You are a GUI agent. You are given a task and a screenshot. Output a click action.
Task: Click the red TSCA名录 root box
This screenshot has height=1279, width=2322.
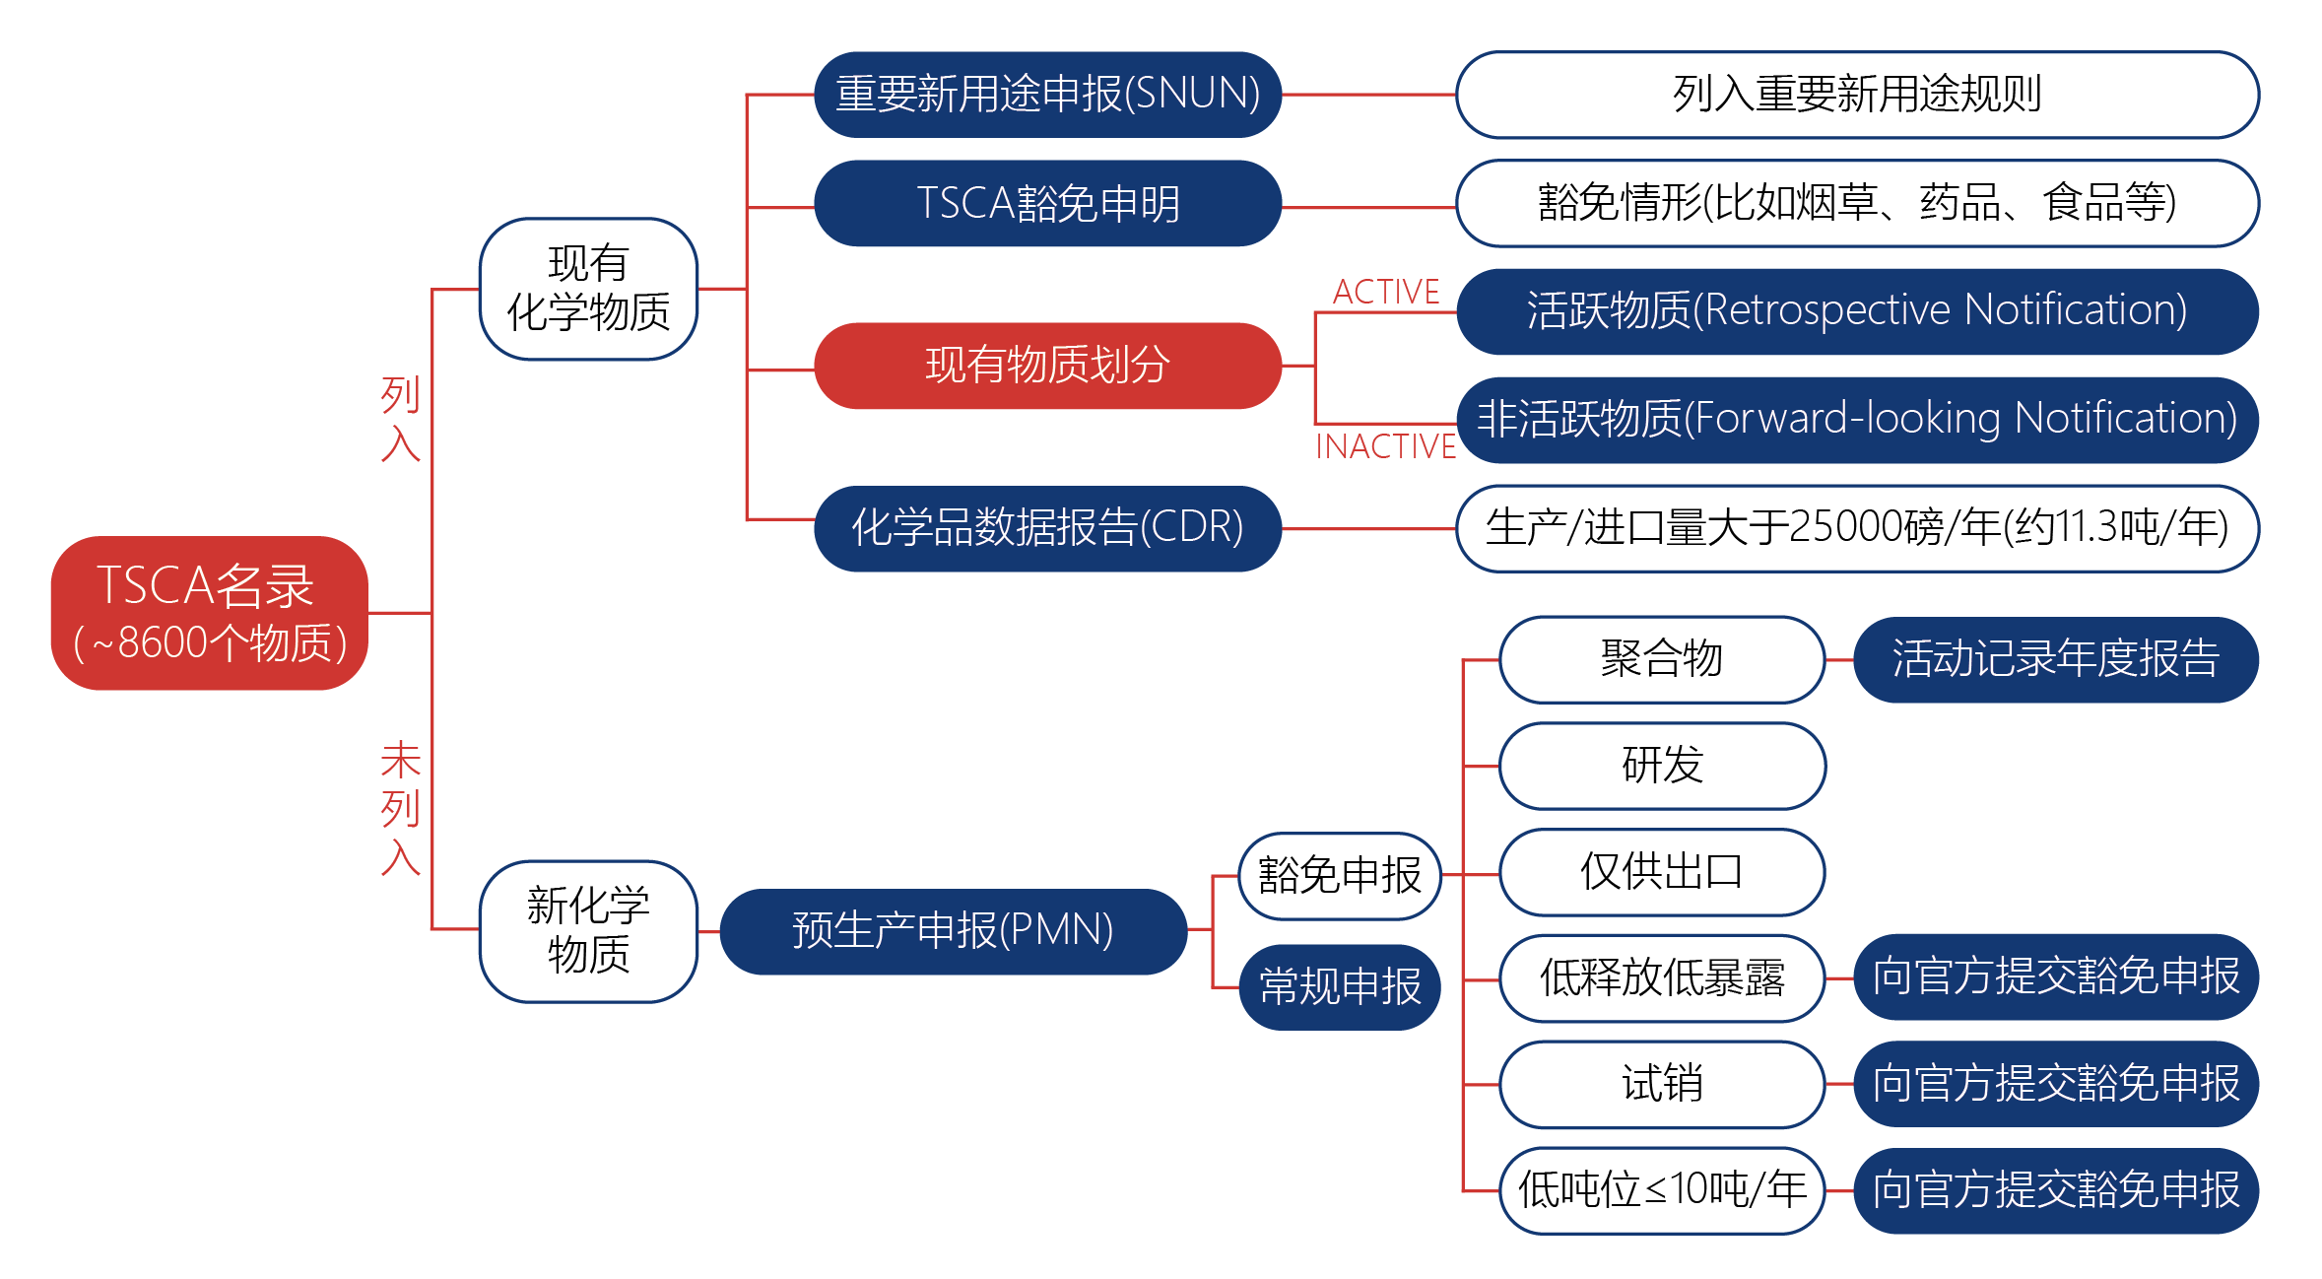point(209,613)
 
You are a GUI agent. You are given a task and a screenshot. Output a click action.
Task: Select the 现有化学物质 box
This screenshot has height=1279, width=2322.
point(588,289)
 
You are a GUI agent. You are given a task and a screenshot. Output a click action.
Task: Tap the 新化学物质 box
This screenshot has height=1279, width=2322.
point(588,931)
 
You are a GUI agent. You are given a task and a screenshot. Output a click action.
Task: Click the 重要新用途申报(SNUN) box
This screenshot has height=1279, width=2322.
point(1047,95)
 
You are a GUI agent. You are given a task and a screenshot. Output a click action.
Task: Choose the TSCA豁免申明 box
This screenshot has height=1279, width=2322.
point(1047,203)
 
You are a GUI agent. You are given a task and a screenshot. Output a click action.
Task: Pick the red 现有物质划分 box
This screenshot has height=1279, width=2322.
point(1047,366)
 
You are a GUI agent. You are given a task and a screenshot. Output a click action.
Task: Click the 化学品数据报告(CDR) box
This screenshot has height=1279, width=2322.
point(1047,528)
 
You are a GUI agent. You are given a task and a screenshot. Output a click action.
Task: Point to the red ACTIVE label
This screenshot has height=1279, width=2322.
point(1385,292)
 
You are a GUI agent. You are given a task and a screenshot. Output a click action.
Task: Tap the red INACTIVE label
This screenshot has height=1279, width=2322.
point(1385,446)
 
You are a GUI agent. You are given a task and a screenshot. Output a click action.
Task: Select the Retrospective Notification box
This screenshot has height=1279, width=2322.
point(1857,311)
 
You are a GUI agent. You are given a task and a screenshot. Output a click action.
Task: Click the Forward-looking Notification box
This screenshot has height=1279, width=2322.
point(1857,420)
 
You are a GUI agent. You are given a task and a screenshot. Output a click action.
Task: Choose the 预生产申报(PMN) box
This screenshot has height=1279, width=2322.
point(953,931)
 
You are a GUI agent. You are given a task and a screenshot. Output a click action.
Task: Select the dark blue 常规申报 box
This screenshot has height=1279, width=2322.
point(1339,986)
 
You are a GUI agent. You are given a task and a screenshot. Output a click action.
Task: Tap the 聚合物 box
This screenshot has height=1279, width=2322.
point(1661,659)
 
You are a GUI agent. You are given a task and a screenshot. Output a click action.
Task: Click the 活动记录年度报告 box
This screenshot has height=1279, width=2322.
point(2055,659)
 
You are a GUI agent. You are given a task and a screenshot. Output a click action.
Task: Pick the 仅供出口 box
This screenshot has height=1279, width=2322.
point(1661,872)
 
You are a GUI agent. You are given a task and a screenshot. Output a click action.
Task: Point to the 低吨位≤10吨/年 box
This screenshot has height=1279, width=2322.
point(1661,1190)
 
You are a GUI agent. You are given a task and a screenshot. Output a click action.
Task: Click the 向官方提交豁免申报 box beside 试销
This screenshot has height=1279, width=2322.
point(2055,1084)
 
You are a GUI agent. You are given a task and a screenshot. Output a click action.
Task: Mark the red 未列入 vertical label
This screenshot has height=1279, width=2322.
point(400,808)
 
